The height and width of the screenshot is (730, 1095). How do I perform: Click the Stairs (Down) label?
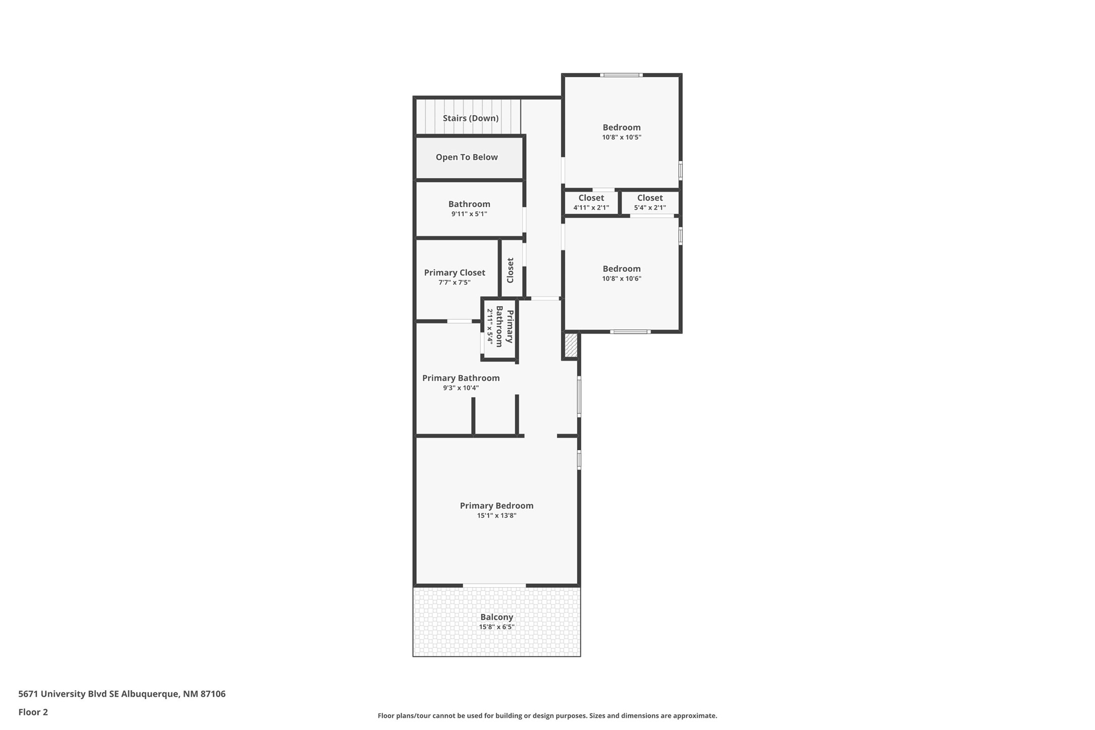pos(471,118)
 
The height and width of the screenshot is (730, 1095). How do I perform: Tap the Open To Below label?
pos(467,157)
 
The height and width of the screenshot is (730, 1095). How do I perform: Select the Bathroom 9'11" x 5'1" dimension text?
pos(469,214)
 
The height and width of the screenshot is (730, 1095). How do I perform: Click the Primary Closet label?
pos(455,273)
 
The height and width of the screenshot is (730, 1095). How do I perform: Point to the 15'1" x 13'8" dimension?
pos(497,515)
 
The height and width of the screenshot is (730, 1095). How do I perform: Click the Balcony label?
pos(497,617)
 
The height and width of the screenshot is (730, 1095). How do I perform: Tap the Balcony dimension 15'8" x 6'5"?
pos(497,627)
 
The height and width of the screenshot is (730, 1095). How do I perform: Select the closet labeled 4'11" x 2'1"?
pos(591,202)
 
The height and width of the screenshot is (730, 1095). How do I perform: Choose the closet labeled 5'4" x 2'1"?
pos(650,202)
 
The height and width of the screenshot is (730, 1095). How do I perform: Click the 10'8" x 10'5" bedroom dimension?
pos(622,137)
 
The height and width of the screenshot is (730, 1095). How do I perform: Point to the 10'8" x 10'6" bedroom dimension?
pos(622,278)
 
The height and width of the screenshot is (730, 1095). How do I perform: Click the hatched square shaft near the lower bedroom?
pos(570,345)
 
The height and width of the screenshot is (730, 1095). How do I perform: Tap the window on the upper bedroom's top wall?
pos(621,75)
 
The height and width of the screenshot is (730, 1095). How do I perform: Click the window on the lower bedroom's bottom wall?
pos(630,331)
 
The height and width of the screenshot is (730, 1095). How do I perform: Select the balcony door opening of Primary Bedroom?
pos(494,585)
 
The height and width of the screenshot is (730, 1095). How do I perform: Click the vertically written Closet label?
pos(510,271)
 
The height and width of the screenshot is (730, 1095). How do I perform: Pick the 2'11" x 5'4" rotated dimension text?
pos(489,327)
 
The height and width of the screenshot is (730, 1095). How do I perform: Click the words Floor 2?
pos(33,712)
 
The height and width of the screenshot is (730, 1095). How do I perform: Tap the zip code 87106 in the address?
pos(213,694)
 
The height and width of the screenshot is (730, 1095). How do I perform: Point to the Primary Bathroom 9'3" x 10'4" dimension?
pos(461,388)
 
